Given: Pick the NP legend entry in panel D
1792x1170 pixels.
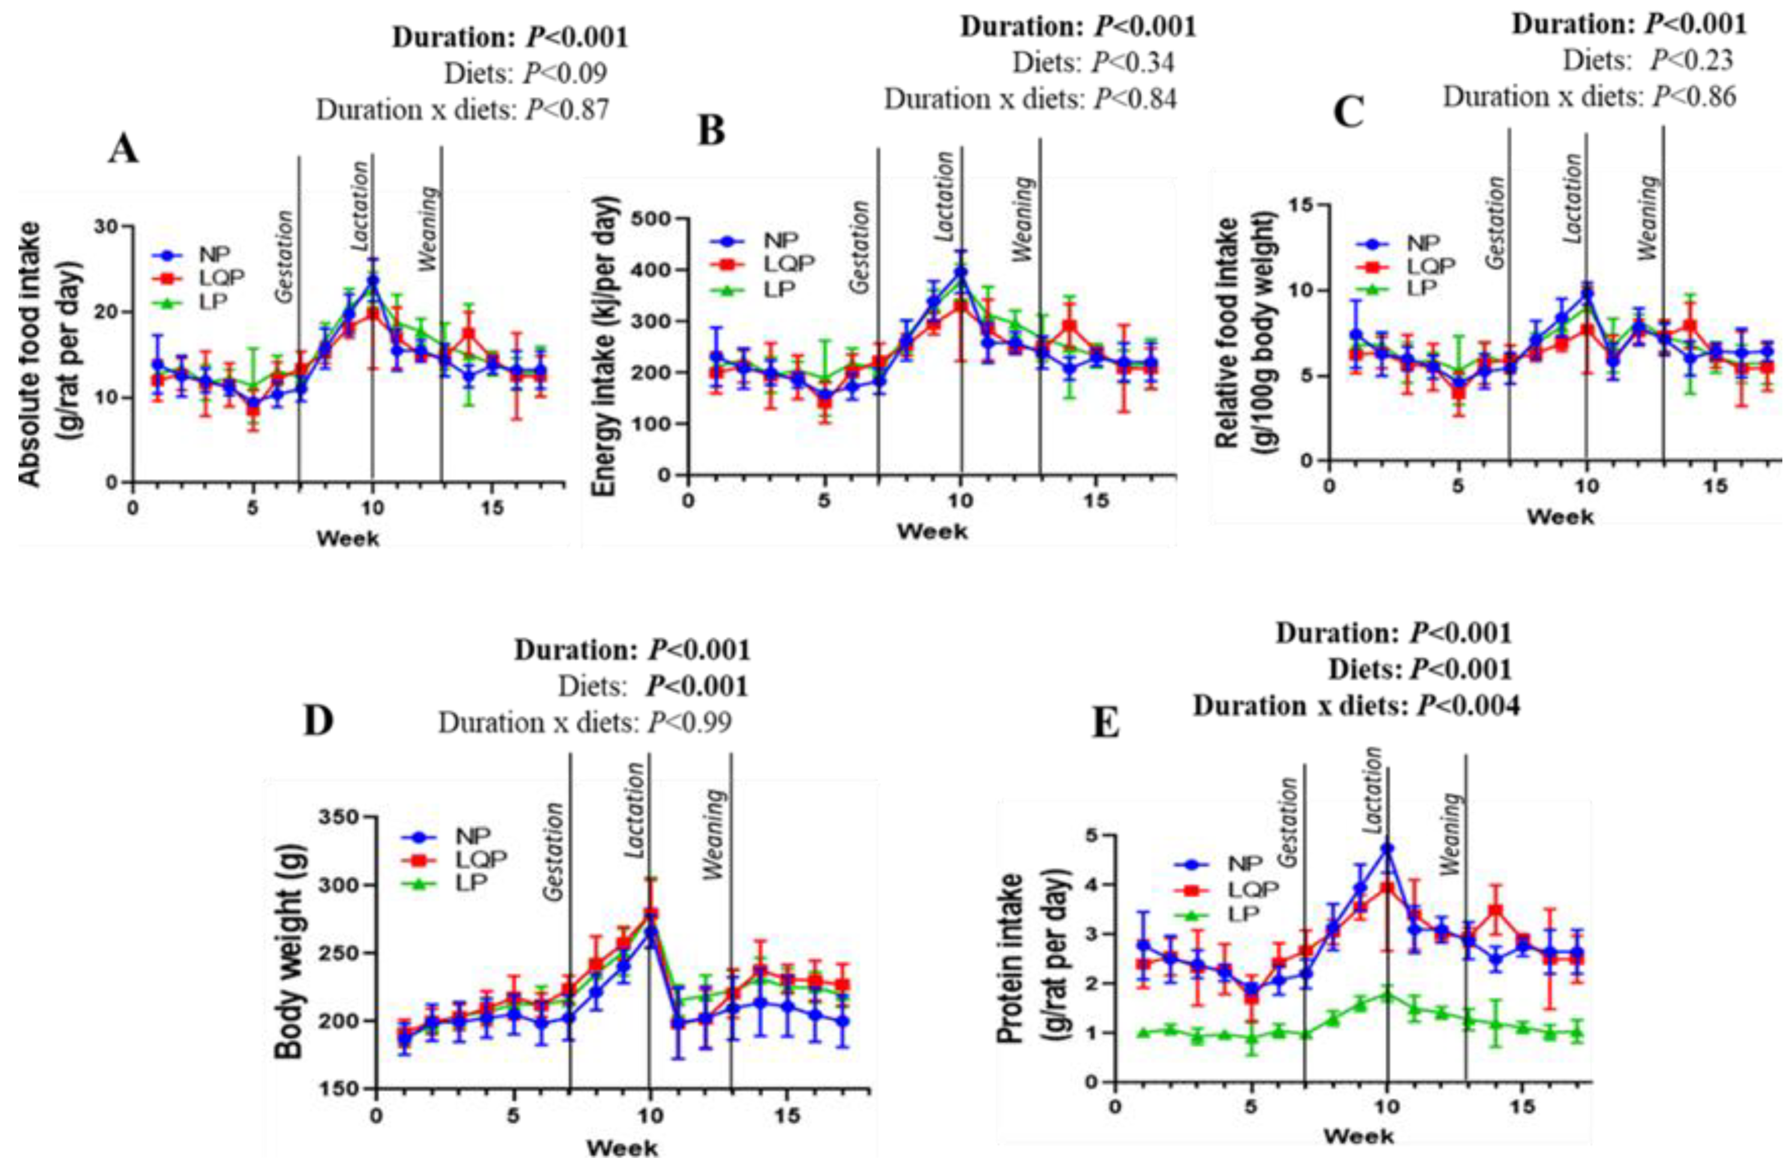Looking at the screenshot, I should pyautogui.click(x=472, y=835).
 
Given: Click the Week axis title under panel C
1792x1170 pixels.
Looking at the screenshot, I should pyautogui.click(x=1558, y=517).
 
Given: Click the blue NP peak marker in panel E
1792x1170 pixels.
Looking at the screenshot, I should pyautogui.click(x=1387, y=848).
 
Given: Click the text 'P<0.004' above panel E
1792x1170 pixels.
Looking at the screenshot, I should pyautogui.click(x=1467, y=705).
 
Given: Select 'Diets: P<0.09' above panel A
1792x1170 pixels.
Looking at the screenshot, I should pyautogui.click(x=525, y=73).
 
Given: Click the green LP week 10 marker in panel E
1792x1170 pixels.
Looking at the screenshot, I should pyautogui.click(x=1387, y=995).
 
